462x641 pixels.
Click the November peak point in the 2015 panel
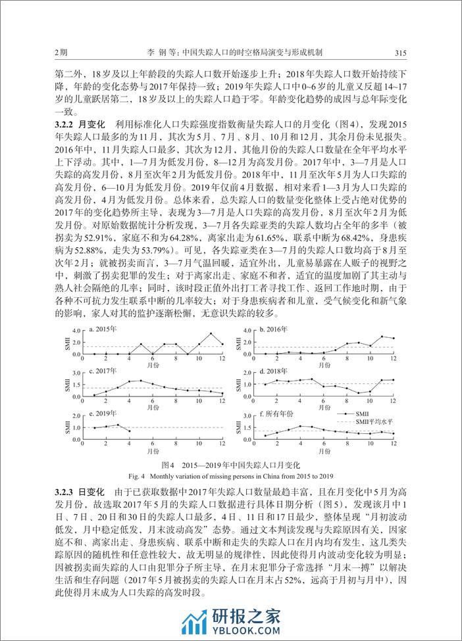[211, 333]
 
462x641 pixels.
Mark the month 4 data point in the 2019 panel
[129, 431]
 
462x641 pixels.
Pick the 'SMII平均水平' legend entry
[373, 421]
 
